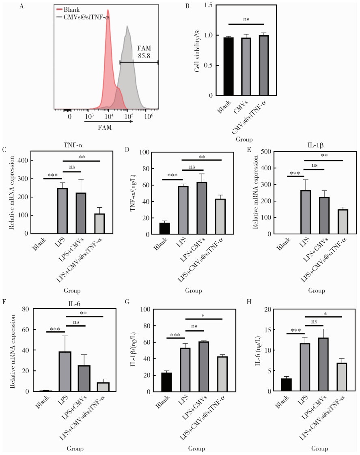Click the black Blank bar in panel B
(x=229, y=67)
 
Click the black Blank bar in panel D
(x=165, y=228)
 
